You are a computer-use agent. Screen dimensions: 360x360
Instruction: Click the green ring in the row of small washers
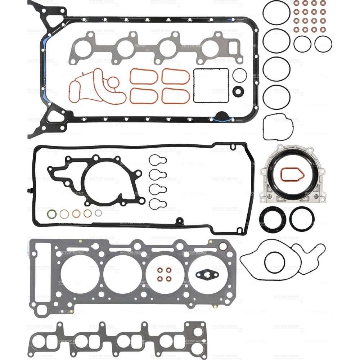pos(52,214)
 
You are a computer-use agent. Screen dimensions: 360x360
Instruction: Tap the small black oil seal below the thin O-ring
pos(238,91)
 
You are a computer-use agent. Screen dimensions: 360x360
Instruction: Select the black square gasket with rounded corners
pos(211,85)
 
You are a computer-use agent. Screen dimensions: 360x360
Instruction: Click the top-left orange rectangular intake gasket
pos(144,76)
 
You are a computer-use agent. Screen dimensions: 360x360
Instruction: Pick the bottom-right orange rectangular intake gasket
pos(176,96)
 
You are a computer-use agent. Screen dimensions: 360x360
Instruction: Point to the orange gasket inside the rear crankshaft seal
pos(292,175)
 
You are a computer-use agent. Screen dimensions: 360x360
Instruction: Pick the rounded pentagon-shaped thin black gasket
pos(278,127)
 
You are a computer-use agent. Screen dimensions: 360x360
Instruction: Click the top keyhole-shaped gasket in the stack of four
pos(158,161)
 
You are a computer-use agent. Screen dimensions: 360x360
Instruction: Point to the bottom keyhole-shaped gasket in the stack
pos(158,203)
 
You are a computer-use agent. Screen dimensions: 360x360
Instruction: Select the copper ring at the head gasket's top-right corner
pos(223,247)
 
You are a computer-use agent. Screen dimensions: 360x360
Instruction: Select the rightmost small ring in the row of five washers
pos(98,213)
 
